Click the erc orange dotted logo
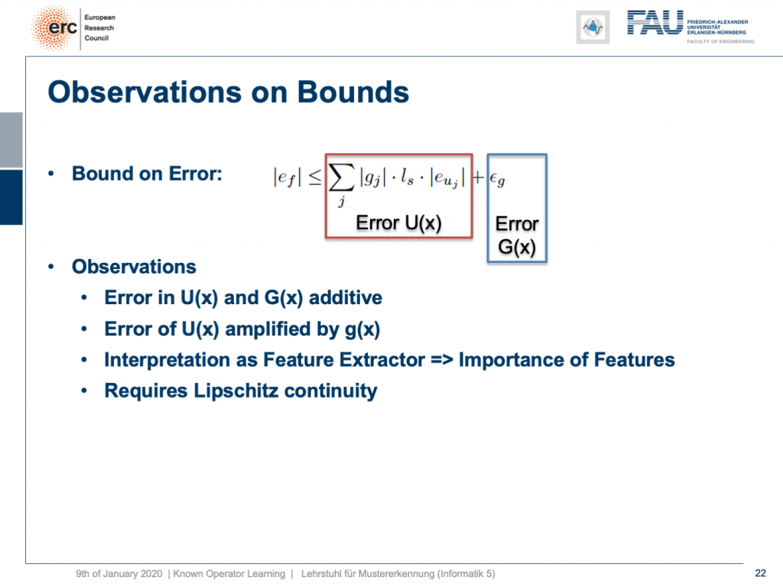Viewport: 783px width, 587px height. tap(54, 28)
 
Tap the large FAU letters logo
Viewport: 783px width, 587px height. tap(655, 23)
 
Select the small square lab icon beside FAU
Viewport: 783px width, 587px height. tap(593, 28)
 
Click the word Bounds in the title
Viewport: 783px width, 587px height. tap(353, 92)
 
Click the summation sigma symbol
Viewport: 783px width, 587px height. tap(342, 178)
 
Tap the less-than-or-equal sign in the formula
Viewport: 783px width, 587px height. tap(314, 177)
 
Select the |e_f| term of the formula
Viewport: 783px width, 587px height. tap(288, 178)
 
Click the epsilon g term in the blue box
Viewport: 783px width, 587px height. tap(497, 179)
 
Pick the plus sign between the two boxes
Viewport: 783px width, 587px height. tap(479, 177)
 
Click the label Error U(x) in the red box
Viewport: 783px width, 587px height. tap(398, 222)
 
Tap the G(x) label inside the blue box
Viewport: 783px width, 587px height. tap(517, 247)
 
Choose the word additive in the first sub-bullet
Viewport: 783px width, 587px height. tap(346, 297)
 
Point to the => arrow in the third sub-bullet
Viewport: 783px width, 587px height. tap(441, 360)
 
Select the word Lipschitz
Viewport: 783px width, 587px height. tap(236, 391)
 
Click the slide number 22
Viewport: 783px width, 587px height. tap(761, 573)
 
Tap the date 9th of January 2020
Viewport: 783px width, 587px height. tap(119, 574)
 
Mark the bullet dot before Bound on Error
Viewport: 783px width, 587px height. tap(51, 174)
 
